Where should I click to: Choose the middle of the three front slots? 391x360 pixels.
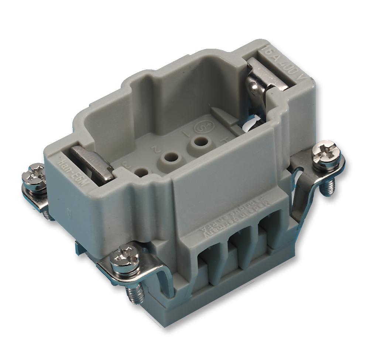(234, 254)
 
